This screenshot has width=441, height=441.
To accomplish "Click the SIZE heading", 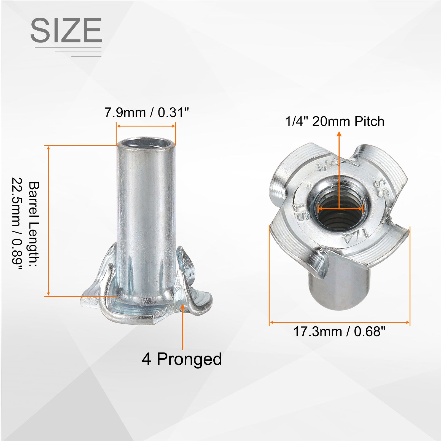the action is (x=66, y=30).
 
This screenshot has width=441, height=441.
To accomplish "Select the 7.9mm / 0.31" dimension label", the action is (x=147, y=113).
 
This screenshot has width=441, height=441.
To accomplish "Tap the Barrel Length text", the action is (x=34, y=224).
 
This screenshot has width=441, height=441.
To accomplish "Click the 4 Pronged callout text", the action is (x=182, y=359).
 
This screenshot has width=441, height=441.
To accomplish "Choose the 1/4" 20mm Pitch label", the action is (x=335, y=122).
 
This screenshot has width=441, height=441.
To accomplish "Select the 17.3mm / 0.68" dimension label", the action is (x=339, y=332).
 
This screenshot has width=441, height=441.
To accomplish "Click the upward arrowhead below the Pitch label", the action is (x=339, y=134).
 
